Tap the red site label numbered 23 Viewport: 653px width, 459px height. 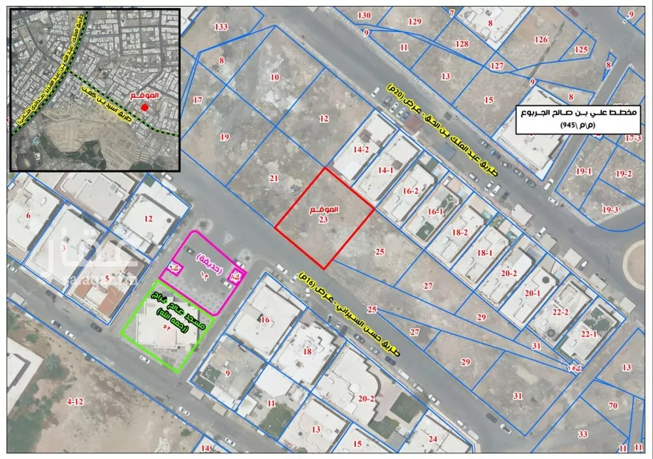coord(324,215)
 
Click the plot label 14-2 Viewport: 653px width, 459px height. coord(362,150)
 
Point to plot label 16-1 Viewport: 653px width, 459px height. coord(435,212)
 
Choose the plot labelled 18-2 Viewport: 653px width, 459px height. coord(460,232)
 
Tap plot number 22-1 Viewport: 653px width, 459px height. coord(589,334)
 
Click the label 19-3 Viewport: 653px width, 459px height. coord(610,210)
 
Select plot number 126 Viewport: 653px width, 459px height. coord(541,39)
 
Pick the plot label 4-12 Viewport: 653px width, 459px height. coord(76,401)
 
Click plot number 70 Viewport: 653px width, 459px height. coord(613,405)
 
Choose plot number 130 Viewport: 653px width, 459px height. coord(364,15)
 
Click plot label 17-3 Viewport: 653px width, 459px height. coord(633,138)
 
